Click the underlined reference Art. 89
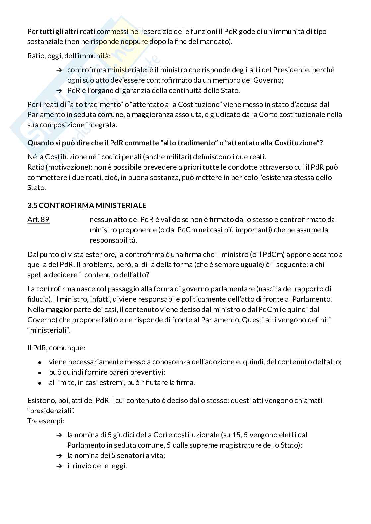tap(38, 220)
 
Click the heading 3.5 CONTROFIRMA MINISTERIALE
tap(87, 205)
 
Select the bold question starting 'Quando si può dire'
tap(175, 143)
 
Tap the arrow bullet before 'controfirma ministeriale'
tap(59, 70)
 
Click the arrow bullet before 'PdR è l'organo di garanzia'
tap(59, 91)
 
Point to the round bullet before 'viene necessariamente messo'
tap(40, 363)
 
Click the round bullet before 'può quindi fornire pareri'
tap(40, 373)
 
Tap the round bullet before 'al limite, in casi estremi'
tap(40, 383)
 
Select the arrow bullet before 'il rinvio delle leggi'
tap(59, 466)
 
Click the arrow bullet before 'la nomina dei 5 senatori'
tap(59, 456)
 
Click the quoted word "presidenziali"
tap(51, 411)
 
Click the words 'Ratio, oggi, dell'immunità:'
tap(69, 56)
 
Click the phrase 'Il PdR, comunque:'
tap(56, 348)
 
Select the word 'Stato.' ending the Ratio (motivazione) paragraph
tap(37, 188)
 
